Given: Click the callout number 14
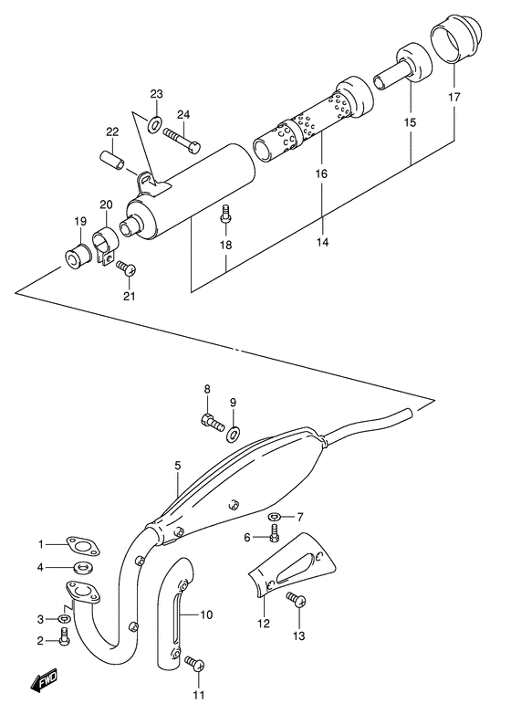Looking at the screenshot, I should (320, 242).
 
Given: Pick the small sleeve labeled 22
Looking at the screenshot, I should (110, 160).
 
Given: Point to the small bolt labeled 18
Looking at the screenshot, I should (224, 215).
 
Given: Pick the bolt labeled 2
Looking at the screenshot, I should (64, 640).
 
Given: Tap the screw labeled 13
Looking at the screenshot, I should (295, 601).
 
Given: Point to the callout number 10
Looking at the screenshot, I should (207, 614).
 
